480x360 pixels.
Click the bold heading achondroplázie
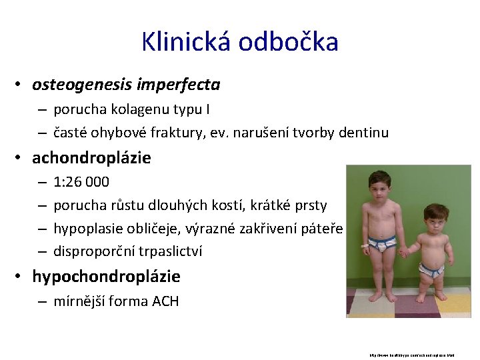91,158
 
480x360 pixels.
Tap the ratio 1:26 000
81,182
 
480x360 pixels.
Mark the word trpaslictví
168,251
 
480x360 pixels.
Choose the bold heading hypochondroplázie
106,276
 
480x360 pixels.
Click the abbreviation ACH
165,301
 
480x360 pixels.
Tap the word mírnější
80,301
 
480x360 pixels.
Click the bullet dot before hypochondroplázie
21,276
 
